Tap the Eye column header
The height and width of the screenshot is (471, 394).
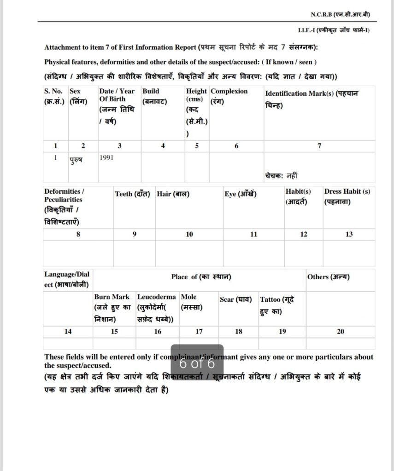pos(241,194)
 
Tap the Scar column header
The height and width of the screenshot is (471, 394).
pos(236,299)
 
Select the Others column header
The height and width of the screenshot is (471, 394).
pos(328,277)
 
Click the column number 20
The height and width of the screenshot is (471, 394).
pos(341,331)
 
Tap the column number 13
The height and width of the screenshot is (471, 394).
pos(349,234)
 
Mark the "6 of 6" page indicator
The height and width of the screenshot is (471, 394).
pos(197,363)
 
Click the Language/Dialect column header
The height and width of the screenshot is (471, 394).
pos(67,279)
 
